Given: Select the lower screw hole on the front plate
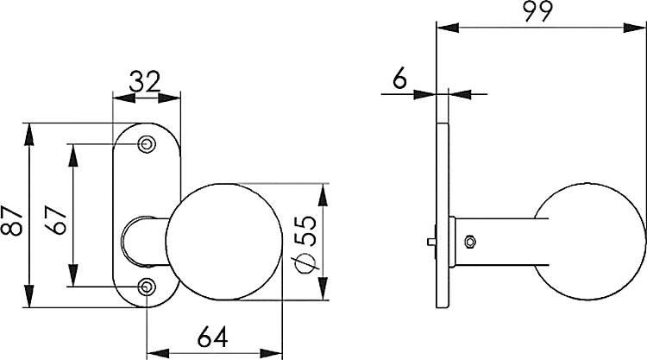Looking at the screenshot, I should tap(148, 287).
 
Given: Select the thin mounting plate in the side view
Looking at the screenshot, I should tap(443, 216).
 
